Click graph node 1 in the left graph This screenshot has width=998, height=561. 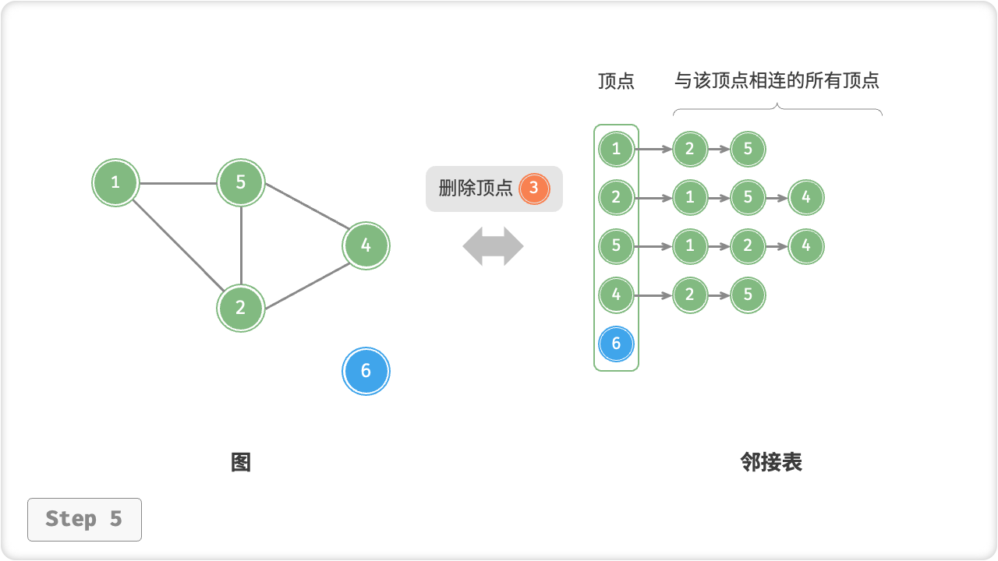pyautogui.click(x=115, y=182)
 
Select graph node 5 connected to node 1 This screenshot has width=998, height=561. pyautogui.click(x=241, y=182)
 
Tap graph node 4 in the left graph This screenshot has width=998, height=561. pyautogui.click(x=366, y=246)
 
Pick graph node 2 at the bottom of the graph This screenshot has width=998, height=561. pyautogui.click(x=241, y=308)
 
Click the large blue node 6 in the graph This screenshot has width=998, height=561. pyautogui.click(x=366, y=372)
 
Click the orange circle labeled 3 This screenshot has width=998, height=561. pyautogui.click(x=534, y=188)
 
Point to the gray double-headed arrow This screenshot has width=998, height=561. pyautogui.click(x=493, y=246)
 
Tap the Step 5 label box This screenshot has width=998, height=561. pyautogui.click(x=84, y=519)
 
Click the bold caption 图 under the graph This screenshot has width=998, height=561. pyautogui.click(x=241, y=462)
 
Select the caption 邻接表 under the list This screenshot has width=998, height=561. pyautogui.click(x=771, y=462)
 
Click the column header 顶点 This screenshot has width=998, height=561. pyautogui.click(x=616, y=81)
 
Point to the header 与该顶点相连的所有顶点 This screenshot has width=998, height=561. pyautogui.click(x=777, y=80)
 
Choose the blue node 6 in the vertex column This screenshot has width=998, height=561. pyautogui.click(x=616, y=344)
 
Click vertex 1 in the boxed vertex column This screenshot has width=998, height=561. pyautogui.click(x=616, y=149)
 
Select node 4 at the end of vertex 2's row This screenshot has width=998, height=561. pyautogui.click(x=806, y=197)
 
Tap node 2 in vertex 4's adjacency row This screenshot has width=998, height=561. pyautogui.click(x=689, y=295)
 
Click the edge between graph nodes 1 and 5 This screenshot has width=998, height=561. pyautogui.click(x=178, y=184)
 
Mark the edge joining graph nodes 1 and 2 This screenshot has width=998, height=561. pyautogui.click(x=178, y=245)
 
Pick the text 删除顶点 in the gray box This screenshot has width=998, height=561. pyautogui.click(x=476, y=188)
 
